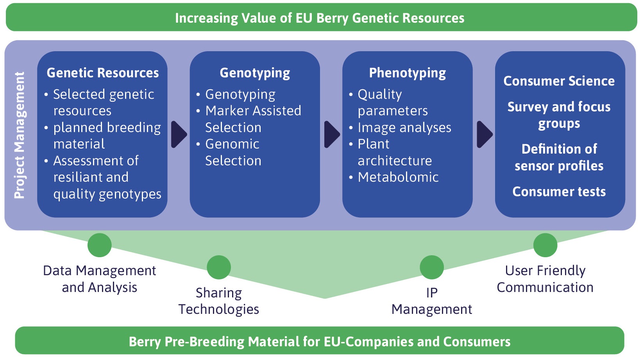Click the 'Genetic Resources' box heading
103,73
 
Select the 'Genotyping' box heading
255,73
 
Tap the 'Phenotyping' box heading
407,73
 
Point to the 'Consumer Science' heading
559,81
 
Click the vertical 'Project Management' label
20,135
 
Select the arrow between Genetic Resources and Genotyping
179,134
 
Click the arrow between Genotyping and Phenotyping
331,134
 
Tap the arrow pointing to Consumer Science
484,134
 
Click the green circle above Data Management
100,245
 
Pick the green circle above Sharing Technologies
219,267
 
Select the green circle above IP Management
432,267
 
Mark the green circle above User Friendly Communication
545,245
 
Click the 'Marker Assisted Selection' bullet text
253,119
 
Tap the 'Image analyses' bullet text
404,127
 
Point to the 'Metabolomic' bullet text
398,177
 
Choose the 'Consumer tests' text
559,192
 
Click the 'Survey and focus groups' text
559,115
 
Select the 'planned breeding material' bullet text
107,136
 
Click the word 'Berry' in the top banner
333,18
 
